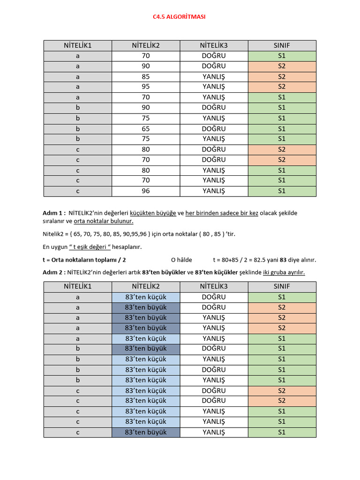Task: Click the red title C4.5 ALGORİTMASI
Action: tap(179, 17)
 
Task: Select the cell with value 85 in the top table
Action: tap(146, 76)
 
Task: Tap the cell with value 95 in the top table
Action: tap(146, 87)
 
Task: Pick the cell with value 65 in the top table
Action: tap(146, 128)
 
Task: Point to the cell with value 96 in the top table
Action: tap(146, 191)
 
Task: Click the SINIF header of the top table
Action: tap(282, 45)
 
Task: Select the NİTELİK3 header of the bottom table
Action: tap(214, 286)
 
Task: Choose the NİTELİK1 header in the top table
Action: tap(78, 45)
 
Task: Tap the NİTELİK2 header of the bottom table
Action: tap(146, 286)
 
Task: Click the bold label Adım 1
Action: tap(54, 213)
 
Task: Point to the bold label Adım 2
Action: tap(54, 272)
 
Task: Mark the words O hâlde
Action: tap(181, 260)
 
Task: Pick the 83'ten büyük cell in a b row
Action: tap(146, 349)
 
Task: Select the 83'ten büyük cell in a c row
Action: tap(146, 432)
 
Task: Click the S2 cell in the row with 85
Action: tap(282, 76)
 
